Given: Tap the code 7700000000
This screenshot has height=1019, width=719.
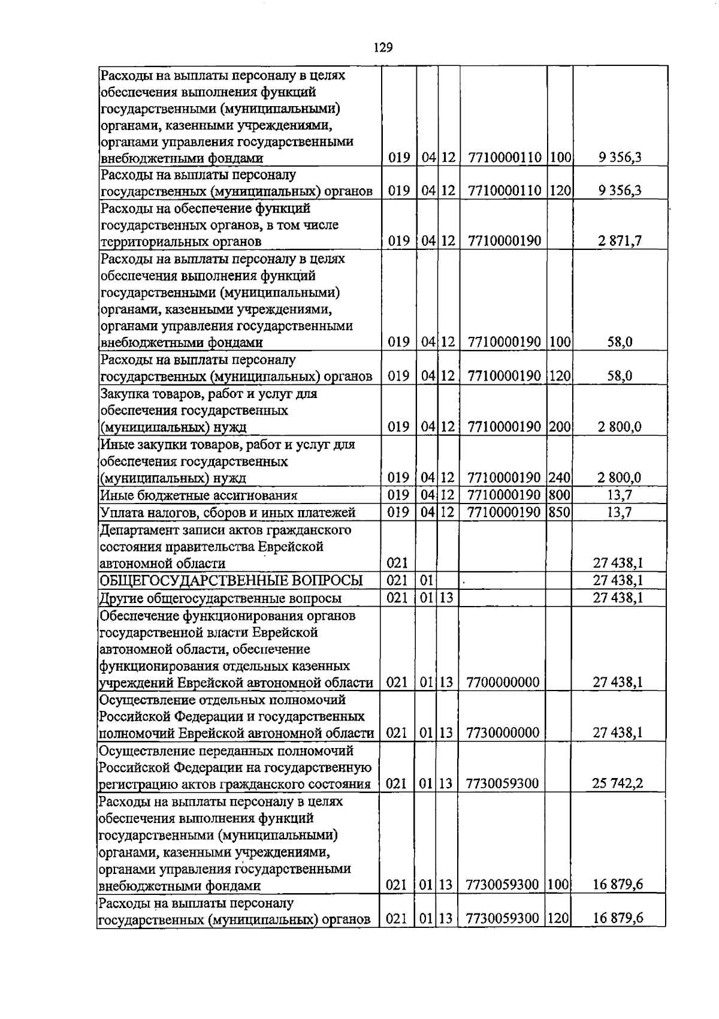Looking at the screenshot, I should coord(502,682).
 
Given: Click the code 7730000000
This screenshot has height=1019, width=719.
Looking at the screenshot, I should coord(502,732).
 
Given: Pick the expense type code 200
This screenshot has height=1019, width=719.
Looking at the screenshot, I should coord(559,427).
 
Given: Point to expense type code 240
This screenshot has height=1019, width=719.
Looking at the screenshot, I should coord(559,478).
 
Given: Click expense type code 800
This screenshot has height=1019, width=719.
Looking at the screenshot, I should coord(559,495).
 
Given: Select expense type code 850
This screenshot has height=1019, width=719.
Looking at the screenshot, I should coord(559,512).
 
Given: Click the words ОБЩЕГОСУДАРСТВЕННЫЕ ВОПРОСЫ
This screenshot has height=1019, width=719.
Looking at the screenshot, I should coord(231,580).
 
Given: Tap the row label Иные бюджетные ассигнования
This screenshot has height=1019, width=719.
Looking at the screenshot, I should coord(199,495).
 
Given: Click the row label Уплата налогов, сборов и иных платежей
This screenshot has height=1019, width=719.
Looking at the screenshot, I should coord(228,512).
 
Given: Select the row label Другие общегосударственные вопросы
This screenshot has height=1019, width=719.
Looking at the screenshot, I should coord(220,598).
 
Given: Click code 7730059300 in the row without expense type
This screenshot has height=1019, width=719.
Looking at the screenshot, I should coord(502,783).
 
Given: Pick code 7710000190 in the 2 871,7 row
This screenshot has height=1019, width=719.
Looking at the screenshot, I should coord(502,241).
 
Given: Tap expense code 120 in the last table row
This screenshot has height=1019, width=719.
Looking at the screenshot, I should coord(558,918).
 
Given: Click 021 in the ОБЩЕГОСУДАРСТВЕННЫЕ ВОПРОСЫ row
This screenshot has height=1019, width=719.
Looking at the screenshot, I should coord(397,580).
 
